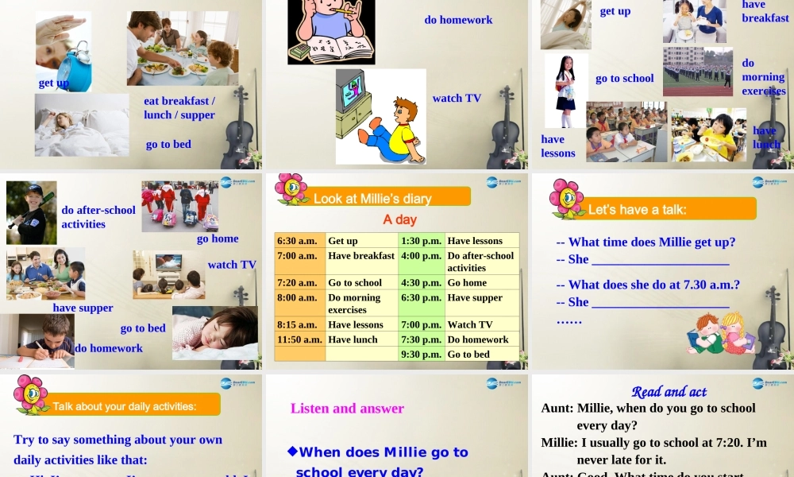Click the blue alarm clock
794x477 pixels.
pyautogui.click(x=74, y=67)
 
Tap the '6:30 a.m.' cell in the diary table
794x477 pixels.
pyautogui.click(x=299, y=241)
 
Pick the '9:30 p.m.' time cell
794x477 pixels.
pyautogui.click(x=421, y=355)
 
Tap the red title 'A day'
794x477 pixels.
pyautogui.click(x=399, y=219)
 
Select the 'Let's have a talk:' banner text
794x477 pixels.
pyautogui.click(x=637, y=210)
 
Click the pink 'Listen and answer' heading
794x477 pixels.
pyautogui.click(x=347, y=409)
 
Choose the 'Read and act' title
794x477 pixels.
pyautogui.click(x=669, y=391)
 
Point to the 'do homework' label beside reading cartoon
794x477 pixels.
pyautogui.click(x=458, y=20)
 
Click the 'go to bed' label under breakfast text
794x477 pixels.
pyautogui.click(x=168, y=145)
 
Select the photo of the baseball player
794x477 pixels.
pyautogui.click(x=31, y=212)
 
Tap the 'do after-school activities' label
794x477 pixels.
pyautogui.click(x=98, y=217)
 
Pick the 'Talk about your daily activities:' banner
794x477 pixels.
pyautogui.click(x=125, y=406)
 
